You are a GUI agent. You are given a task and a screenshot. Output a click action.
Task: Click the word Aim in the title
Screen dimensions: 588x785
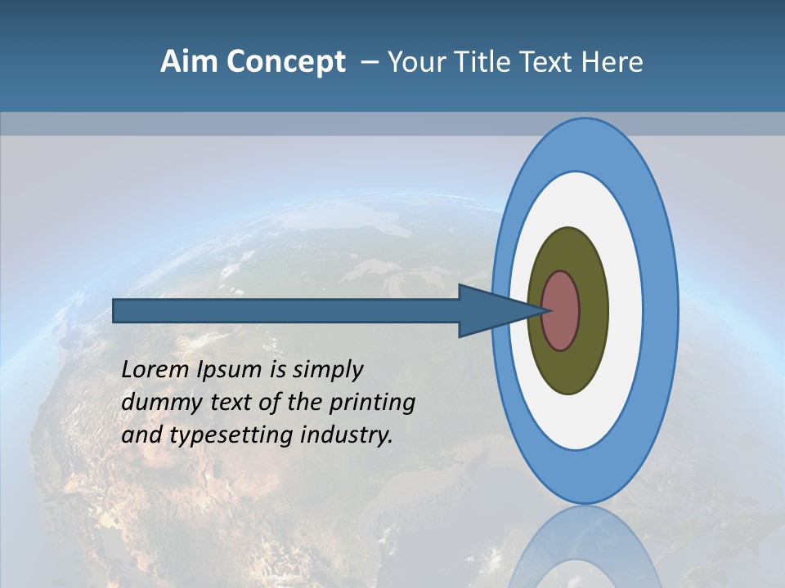point(190,62)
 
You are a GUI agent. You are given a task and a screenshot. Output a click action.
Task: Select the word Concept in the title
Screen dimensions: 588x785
point(286,62)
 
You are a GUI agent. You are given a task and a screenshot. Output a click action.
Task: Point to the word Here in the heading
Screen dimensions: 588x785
point(612,62)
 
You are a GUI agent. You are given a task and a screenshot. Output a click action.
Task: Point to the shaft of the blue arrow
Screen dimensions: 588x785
point(286,311)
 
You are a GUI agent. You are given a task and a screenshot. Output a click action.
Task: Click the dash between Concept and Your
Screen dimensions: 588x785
point(370,63)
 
